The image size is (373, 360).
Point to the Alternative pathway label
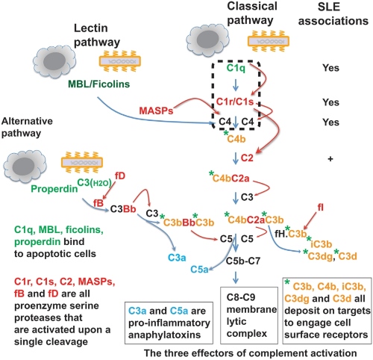tap(27, 118)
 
